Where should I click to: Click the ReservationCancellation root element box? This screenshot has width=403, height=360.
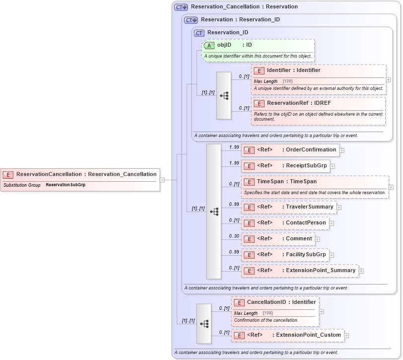[79, 174]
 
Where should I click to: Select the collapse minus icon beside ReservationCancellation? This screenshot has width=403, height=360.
[162, 180]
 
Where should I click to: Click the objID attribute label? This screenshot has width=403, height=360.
[224, 45]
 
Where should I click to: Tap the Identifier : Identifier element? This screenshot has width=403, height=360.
[293, 71]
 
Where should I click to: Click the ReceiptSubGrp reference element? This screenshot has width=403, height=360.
[286, 166]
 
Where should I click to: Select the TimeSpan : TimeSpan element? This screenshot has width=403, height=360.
[286, 182]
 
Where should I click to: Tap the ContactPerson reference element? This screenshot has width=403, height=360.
[285, 223]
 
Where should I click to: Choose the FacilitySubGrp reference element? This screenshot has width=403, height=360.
[285, 255]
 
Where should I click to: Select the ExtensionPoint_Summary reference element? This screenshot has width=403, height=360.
[300, 271]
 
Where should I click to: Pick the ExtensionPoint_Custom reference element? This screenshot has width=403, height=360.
[288, 335]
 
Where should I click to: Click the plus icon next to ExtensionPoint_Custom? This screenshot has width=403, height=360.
[346, 336]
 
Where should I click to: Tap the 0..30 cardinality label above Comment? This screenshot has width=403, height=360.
[234, 236]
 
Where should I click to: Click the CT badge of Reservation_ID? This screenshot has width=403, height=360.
[199, 33]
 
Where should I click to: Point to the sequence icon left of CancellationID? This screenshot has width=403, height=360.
[204, 323]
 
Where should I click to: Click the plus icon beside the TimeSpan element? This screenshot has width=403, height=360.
[391, 187]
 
